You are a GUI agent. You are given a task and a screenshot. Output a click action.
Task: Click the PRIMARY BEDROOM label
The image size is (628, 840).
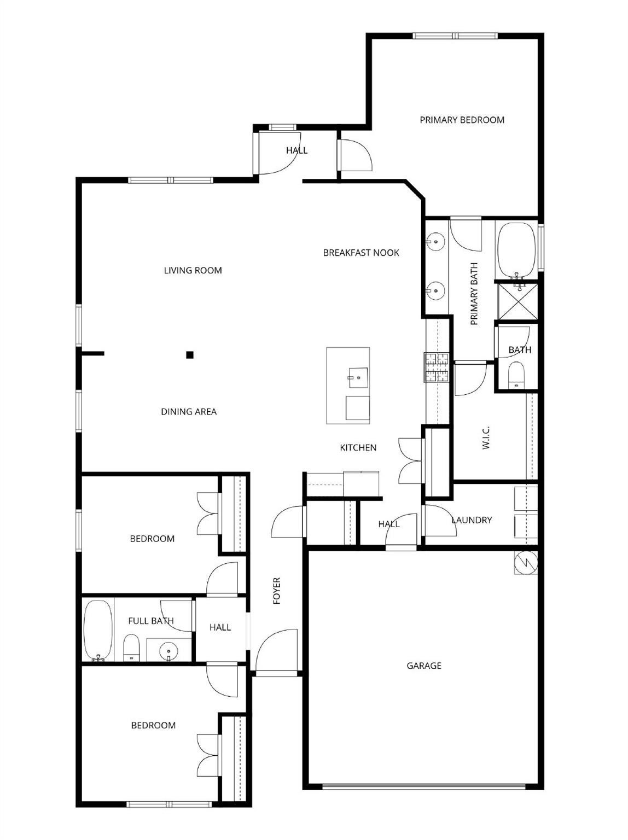tap(462, 120)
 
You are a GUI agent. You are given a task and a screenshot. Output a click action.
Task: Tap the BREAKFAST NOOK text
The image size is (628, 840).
tap(361, 253)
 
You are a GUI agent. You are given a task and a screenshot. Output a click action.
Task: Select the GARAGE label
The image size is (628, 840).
tap(423, 666)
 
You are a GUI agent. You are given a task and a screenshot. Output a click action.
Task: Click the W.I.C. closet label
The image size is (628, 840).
tap(486, 437)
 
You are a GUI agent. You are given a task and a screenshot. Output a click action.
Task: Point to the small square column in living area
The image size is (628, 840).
tap(190, 355)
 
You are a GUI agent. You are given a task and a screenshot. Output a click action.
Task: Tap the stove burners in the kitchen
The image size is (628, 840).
tap(437, 367)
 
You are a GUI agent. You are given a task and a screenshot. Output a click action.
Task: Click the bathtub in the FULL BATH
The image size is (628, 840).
tap(98, 631)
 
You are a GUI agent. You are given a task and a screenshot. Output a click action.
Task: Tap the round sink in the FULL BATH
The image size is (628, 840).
tap(168, 651)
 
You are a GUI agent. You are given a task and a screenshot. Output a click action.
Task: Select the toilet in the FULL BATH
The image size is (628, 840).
tap(131, 648)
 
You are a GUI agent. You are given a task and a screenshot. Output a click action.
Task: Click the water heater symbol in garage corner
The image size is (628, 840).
tap(526, 563)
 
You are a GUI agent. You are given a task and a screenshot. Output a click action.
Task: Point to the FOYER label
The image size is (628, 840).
tap(277, 591)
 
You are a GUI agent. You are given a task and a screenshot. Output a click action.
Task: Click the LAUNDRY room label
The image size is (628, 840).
tap(472, 520)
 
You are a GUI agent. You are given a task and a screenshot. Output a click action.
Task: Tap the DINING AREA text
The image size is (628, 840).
tap(189, 412)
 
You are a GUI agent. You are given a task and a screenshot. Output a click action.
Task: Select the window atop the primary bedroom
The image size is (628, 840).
tap(455, 36)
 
